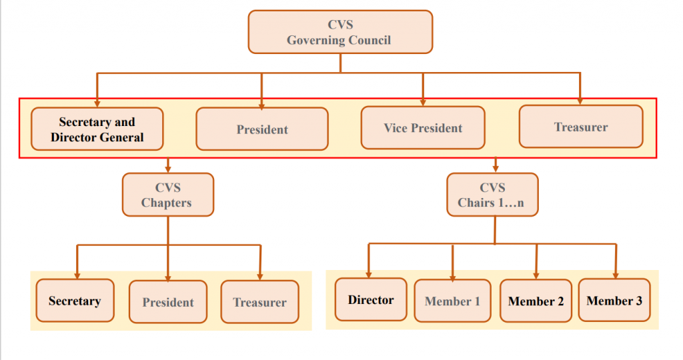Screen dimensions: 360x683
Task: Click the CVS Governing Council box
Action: pyautogui.click(x=340, y=32)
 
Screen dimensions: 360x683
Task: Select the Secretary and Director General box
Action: pyautogui.click(x=97, y=129)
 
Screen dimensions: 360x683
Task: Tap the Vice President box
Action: pyautogui.click(x=423, y=127)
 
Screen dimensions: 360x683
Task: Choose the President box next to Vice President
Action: pyautogui.click(x=262, y=129)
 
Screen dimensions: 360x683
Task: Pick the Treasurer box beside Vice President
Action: pyautogui.click(x=580, y=126)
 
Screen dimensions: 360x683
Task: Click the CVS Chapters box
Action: pyautogui.click(x=167, y=195)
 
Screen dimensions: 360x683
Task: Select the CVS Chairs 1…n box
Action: pyautogui.click(x=492, y=195)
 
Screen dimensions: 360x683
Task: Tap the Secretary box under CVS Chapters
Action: pyautogui.click(x=75, y=301)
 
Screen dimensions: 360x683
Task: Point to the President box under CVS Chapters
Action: pyautogui.click(x=168, y=302)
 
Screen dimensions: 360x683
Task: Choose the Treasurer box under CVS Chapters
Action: pyautogui.click(x=259, y=302)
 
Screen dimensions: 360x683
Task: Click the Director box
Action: pyautogui.click(x=371, y=299)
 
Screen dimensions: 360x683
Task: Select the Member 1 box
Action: pyautogui.click(x=452, y=301)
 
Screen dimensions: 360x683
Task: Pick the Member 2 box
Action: pyautogui.click(x=536, y=301)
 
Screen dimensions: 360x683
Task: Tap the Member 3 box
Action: pyautogui.click(x=614, y=300)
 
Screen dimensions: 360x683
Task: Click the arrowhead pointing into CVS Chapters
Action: pyautogui.click(x=168, y=169)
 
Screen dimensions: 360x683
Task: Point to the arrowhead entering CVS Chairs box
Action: pyautogui.click(x=496, y=169)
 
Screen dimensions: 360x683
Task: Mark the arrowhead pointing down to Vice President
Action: pyautogui.click(x=423, y=102)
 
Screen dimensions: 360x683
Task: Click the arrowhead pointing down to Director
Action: pyautogui.click(x=368, y=274)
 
